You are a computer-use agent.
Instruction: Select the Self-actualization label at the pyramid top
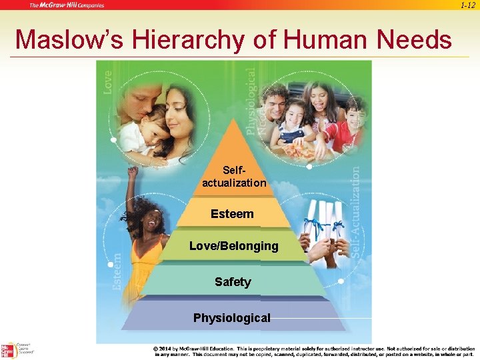(x=234, y=177)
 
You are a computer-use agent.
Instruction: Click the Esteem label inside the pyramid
(x=232, y=214)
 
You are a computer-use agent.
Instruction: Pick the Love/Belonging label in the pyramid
(x=234, y=246)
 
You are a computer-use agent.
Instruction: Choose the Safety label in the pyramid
(x=233, y=282)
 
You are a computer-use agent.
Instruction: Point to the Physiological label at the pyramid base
(x=232, y=318)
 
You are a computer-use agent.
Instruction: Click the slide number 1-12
(x=467, y=5)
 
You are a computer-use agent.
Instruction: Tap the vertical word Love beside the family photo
(x=108, y=82)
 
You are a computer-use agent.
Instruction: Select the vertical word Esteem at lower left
(x=117, y=271)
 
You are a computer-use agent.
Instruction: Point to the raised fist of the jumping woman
(x=133, y=172)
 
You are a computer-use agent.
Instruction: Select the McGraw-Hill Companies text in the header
(x=67, y=5)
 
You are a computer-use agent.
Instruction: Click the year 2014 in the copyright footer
(x=166, y=349)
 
